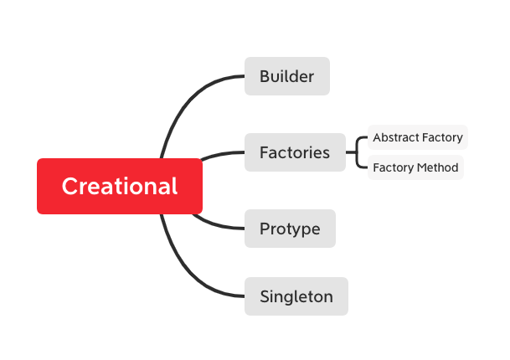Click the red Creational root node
tap(119, 186)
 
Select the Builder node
tap(286, 76)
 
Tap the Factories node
tap(295, 152)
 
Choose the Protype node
tap(290, 229)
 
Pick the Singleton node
tap(296, 296)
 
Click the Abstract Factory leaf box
tap(417, 137)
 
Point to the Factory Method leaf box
tap(415, 167)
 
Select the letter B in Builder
tap(265, 76)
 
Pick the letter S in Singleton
tap(265, 296)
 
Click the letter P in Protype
tap(265, 229)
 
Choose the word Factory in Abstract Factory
tap(442, 137)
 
